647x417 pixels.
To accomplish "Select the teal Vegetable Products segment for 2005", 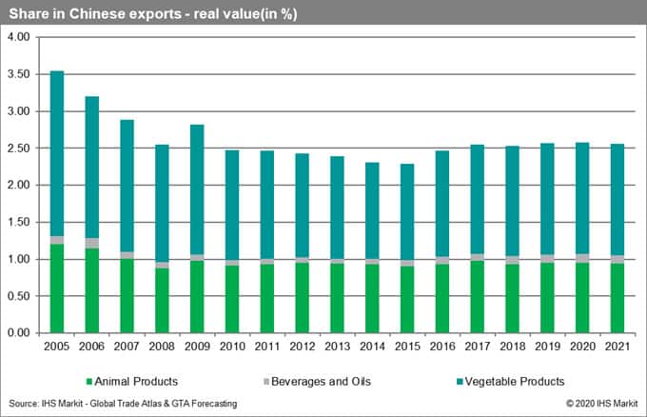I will pos(56,153).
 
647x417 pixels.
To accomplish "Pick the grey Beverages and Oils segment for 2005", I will pos(56,240).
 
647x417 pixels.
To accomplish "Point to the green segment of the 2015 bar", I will pos(407,299).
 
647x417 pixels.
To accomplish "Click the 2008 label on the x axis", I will pos(162,346).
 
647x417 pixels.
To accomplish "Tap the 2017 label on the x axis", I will pos(477,346).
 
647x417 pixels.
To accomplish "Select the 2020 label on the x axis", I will pos(582,346).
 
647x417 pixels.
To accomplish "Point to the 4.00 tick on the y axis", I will pos(20,37).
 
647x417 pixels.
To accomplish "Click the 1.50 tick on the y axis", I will pos(20,222).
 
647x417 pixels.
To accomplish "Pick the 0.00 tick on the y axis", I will pos(20,333).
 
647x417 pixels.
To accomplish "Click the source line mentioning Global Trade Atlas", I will pos(122,405).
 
